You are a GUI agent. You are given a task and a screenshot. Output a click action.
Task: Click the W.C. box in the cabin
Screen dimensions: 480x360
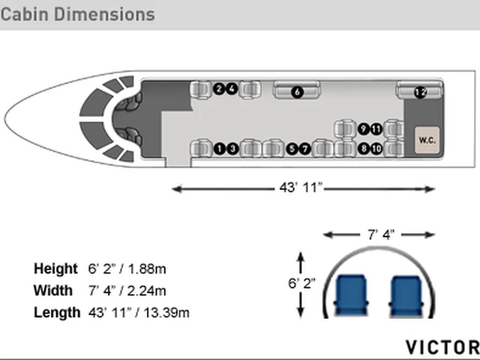[427, 140]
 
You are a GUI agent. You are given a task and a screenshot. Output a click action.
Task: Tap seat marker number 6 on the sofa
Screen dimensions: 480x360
[297, 91]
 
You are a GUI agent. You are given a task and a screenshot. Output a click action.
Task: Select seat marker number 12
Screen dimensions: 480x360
[420, 92]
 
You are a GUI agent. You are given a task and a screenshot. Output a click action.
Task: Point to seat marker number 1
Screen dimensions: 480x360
[219, 148]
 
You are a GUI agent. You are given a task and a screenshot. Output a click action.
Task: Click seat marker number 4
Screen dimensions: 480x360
[232, 88]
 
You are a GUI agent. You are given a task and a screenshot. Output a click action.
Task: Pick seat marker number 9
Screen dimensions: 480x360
[363, 129]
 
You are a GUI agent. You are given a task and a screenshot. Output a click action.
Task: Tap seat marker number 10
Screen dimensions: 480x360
[376, 148]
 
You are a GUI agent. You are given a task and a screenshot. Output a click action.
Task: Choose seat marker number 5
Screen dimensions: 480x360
[292, 148]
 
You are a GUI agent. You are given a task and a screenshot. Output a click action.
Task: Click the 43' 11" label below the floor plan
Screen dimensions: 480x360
[301, 187]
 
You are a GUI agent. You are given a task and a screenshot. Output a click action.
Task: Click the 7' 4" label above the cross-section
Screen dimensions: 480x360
[381, 235]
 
